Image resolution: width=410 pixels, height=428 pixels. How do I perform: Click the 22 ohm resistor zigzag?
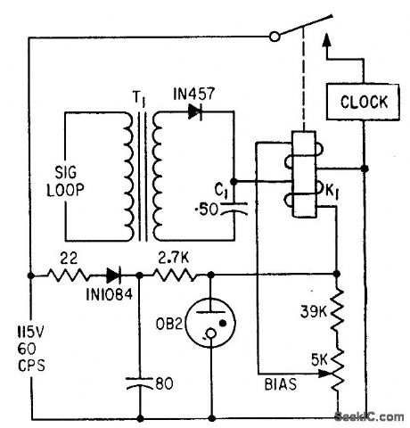[68, 275]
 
